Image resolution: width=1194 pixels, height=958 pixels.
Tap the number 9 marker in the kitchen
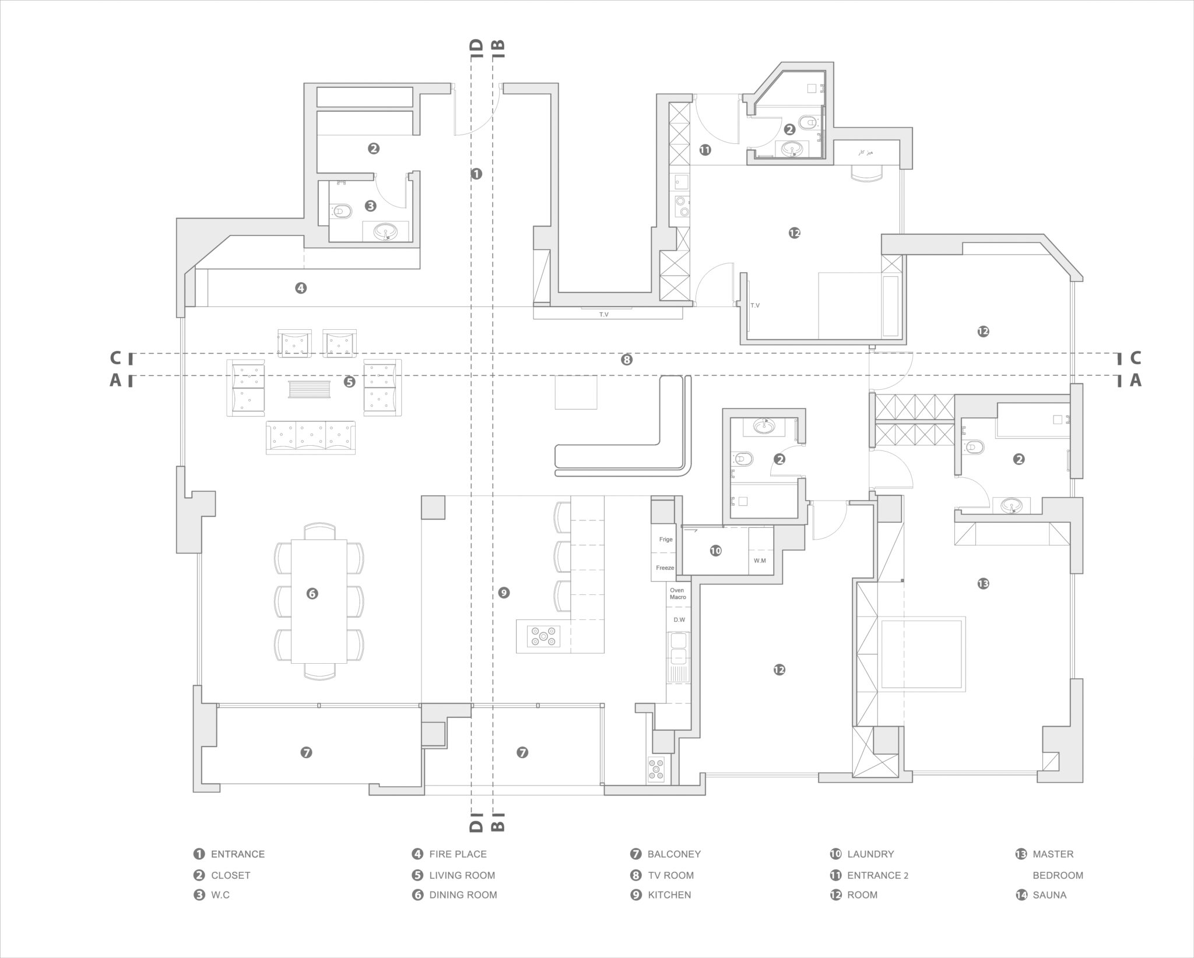pyautogui.click(x=504, y=593)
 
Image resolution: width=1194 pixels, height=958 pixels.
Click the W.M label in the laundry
pyautogui.click(x=760, y=561)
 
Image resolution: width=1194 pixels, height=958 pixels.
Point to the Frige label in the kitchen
pyautogui.click(x=666, y=539)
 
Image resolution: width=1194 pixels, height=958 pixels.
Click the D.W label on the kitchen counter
pyautogui.click(x=679, y=619)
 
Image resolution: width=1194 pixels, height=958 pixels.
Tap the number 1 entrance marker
pyautogui.click(x=476, y=174)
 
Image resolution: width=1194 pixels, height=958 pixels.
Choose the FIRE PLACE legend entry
pyautogui.click(x=458, y=854)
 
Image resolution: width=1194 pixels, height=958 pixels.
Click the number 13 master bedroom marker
pyautogui.click(x=983, y=583)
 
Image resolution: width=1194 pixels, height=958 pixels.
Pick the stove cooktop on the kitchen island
pyautogui.click(x=543, y=636)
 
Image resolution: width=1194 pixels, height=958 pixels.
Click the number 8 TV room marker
pyautogui.click(x=627, y=360)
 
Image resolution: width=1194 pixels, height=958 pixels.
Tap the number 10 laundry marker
pyautogui.click(x=715, y=551)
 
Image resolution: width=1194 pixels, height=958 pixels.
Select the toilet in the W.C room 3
pyautogui.click(x=342, y=211)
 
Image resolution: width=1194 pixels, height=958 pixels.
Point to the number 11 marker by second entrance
pyautogui.click(x=705, y=150)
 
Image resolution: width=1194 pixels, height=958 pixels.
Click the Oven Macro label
pyautogui.click(x=677, y=593)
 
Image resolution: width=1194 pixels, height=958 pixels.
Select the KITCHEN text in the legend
pyautogui.click(x=669, y=894)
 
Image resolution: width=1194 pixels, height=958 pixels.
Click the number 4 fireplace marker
pyautogui.click(x=301, y=287)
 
